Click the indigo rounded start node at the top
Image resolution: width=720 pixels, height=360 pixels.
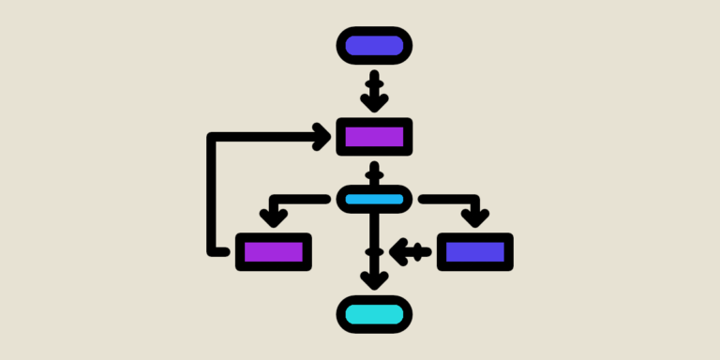tap(374, 46)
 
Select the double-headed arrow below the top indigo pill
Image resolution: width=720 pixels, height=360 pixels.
tap(374, 91)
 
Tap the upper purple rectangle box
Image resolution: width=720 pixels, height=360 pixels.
tap(374, 137)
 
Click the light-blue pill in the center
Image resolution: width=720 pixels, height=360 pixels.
tap(374, 199)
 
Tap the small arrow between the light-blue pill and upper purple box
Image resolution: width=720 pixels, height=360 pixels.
tap(374, 172)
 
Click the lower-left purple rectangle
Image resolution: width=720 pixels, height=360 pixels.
tap(273, 251)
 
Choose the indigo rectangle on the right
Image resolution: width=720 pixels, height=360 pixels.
tap(475, 251)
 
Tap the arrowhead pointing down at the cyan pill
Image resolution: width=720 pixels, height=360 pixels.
tap(374, 279)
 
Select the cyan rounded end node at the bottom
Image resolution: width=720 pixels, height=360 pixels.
tap(374, 313)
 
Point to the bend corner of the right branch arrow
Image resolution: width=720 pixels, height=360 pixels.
tap(474, 200)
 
